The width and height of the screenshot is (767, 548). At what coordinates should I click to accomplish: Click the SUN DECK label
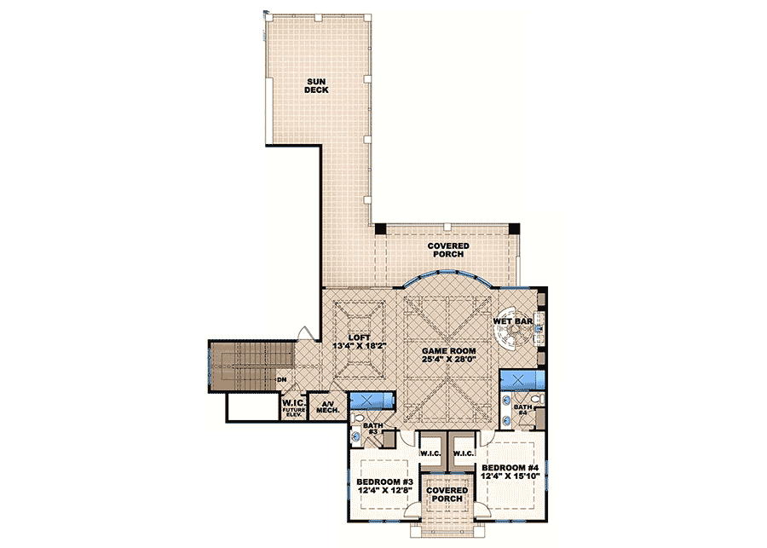tap(317, 84)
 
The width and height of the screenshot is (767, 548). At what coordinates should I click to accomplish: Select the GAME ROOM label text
tap(447, 350)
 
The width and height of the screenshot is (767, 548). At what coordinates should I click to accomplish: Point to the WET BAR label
tap(513, 322)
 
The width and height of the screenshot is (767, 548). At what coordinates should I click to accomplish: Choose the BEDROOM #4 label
tap(509, 469)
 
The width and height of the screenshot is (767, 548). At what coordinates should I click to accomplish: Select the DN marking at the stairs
tap(281, 379)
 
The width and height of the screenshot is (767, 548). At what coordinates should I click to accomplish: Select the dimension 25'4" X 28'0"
tap(447, 361)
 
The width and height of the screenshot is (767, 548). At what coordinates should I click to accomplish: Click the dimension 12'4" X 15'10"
tap(509, 479)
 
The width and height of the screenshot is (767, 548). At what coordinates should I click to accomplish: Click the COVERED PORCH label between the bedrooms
tap(447, 495)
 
